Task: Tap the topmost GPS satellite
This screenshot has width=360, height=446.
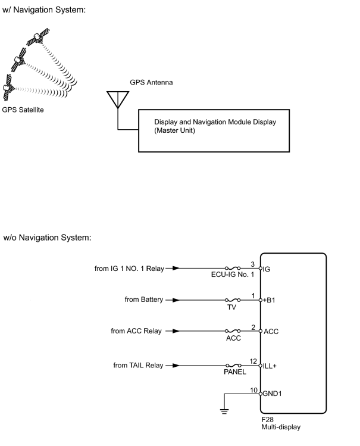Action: tap(38, 37)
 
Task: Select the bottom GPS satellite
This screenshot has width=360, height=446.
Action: tap(8, 88)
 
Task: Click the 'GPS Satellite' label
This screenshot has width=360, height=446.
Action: tap(23, 110)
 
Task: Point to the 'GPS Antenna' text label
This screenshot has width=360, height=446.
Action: tap(151, 83)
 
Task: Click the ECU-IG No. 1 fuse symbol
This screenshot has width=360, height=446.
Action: tap(233, 268)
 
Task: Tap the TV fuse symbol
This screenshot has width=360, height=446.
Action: tap(233, 300)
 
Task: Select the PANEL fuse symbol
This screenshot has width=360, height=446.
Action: tap(234, 365)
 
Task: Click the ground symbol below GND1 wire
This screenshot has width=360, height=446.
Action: tap(224, 411)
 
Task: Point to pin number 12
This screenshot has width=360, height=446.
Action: tap(253, 361)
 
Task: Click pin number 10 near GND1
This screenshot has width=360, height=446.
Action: tap(253, 390)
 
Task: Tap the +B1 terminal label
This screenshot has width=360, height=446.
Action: tap(269, 300)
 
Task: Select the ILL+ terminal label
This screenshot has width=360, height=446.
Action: tap(270, 366)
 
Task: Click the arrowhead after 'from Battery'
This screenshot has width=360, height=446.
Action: tap(176, 300)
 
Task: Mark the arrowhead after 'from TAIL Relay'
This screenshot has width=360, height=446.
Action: tap(176, 365)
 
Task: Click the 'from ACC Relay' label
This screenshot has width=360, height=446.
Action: tap(136, 331)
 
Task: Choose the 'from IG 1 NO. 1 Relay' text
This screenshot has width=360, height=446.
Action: tap(129, 269)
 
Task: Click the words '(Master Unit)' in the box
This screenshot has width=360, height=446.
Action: tap(174, 130)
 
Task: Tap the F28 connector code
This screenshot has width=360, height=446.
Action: tap(267, 420)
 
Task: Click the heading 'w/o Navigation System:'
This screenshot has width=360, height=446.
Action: tap(47, 238)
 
